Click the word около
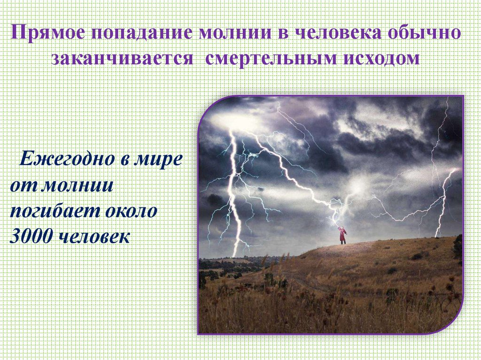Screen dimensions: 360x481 132,211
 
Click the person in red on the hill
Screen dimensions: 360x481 343,235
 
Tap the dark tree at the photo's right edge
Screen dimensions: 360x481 458,246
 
